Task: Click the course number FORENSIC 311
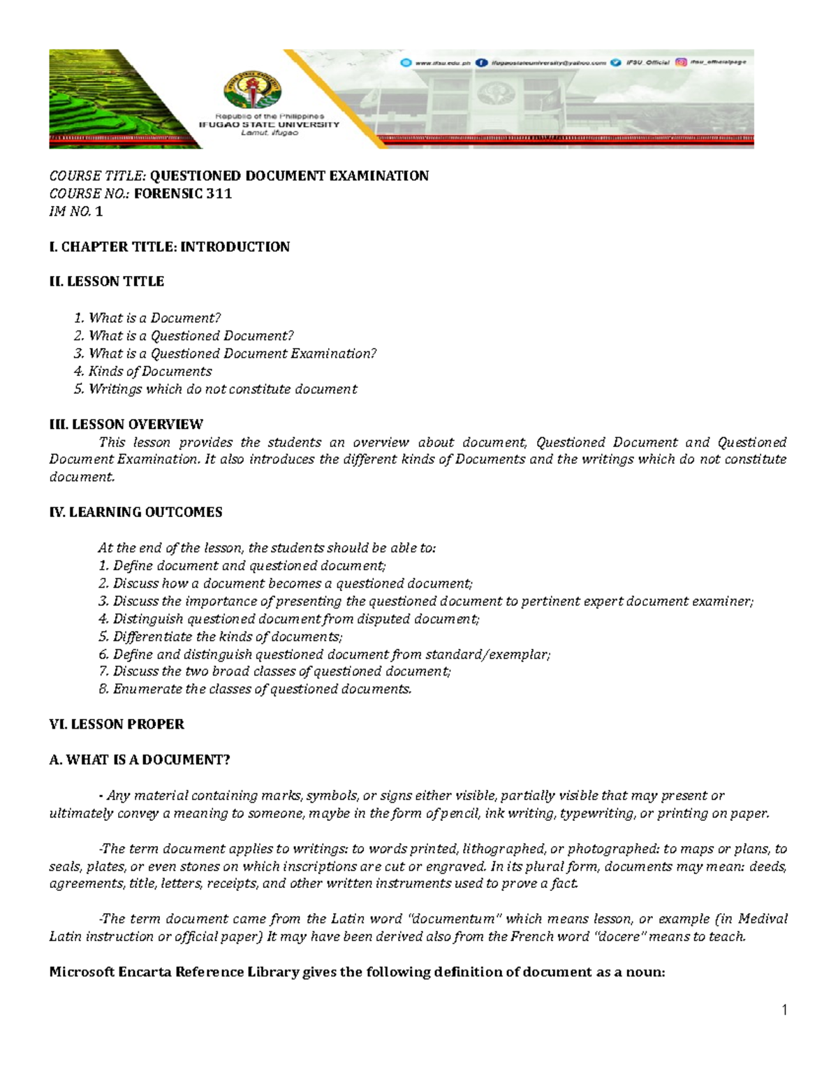[182, 194]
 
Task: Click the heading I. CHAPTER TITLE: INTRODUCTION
[169, 247]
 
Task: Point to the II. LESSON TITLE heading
[106, 282]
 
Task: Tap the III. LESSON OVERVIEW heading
[126, 424]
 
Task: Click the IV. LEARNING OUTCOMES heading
[135, 512]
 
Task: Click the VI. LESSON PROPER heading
[117, 724]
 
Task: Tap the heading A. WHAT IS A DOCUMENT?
[140, 759]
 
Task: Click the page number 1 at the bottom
[785, 1010]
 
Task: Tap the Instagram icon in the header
[680, 62]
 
